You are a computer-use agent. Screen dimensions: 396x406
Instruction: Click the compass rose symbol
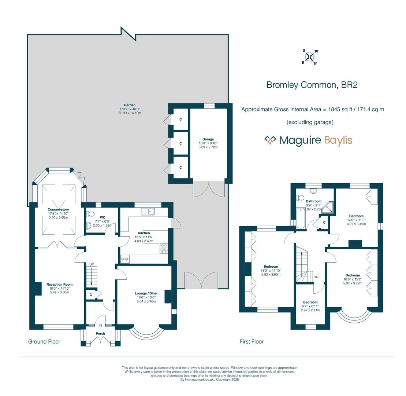tap(310, 57)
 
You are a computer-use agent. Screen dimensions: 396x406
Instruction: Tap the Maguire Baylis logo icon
tap(270, 140)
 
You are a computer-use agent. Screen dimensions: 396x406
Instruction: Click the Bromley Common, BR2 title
tap(312, 85)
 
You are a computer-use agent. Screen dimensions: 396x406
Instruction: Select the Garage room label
tap(208, 139)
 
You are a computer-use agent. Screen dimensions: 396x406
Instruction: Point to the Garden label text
tap(130, 105)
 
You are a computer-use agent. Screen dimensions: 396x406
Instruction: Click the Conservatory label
tap(58, 210)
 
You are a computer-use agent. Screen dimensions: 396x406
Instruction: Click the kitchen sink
tap(148, 212)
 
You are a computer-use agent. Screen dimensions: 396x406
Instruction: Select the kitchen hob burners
tap(163, 249)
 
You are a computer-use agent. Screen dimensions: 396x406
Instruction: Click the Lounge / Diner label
tap(146, 293)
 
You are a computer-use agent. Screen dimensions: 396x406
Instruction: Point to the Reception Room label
tap(59, 285)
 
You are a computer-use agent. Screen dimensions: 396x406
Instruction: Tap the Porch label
tap(100, 334)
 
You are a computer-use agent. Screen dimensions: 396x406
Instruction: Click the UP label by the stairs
tap(92, 264)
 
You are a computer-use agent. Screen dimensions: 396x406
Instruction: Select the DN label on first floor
tap(316, 277)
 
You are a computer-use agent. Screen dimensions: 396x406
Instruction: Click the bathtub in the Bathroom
tap(301, 218)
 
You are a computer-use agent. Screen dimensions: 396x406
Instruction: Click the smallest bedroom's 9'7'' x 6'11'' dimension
tap(310, 306)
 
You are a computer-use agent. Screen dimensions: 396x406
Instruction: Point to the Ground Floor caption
tap(44, 342)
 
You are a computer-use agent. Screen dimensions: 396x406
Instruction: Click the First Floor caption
tap(252, 342)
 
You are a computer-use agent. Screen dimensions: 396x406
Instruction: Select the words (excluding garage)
tap(310, 122)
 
